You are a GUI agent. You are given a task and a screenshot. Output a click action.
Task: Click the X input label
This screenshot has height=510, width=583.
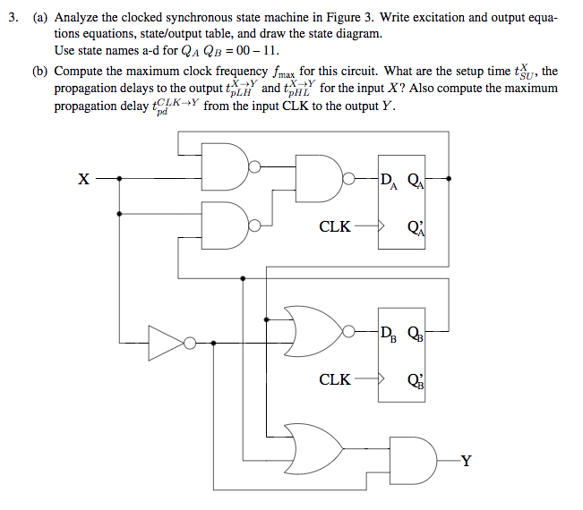pos(82,178)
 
